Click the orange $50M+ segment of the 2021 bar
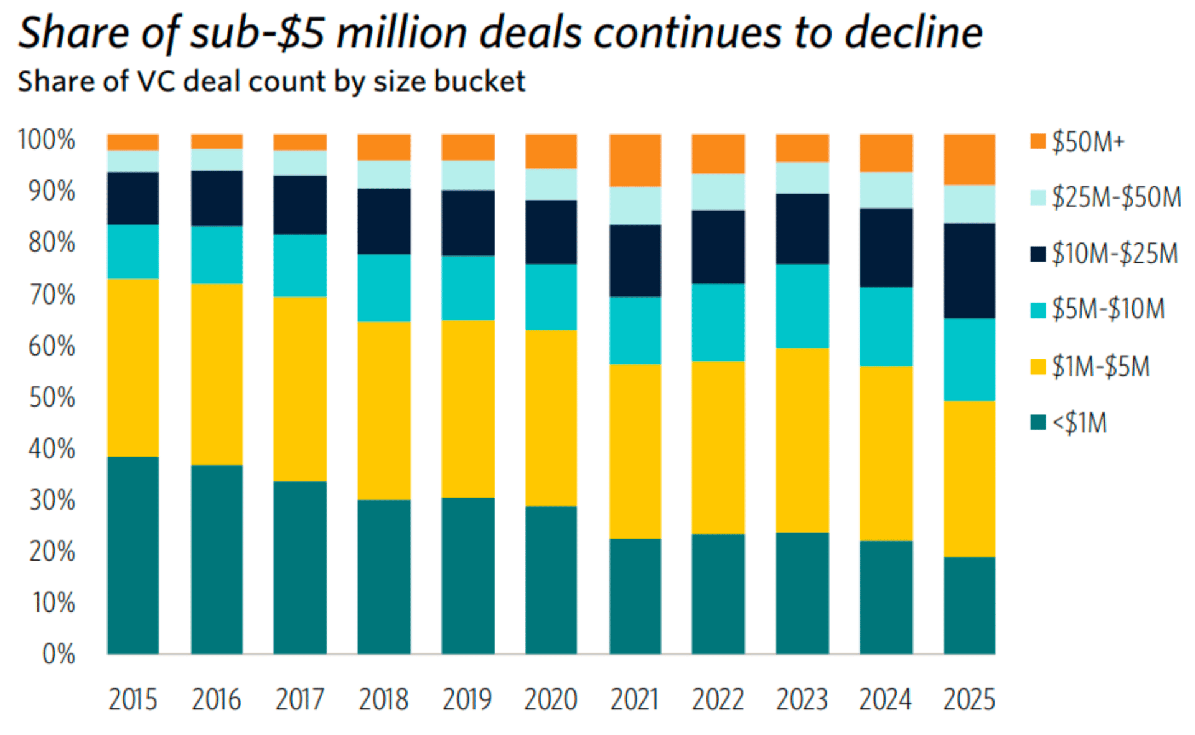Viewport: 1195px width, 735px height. coord(635,160)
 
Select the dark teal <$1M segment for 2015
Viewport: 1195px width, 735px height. coord(133,554)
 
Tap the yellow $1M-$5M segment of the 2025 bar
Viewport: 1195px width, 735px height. coord(969,478)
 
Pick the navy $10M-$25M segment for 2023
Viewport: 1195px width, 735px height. coord(802,229)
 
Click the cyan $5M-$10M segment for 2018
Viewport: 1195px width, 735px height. coord(383,288)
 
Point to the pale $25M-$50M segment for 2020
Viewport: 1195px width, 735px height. coord(551,184)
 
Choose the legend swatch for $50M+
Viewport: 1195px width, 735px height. coord(1038,141)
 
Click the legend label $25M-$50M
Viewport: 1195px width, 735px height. coord(1116,197)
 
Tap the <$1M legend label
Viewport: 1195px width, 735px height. coord(1079,423)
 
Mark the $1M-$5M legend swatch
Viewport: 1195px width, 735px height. coord(1038,366)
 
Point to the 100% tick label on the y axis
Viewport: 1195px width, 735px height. coord(47,140)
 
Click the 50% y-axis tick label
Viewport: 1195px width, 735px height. coord(52,397)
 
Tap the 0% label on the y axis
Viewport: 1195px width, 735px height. coord(58,654)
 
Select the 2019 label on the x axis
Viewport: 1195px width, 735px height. coord(467,699)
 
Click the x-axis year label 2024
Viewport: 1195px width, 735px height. coord(885,699)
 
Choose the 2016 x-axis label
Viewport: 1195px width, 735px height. coord(216,699)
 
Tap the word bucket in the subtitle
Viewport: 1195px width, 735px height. coord(479,82)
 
